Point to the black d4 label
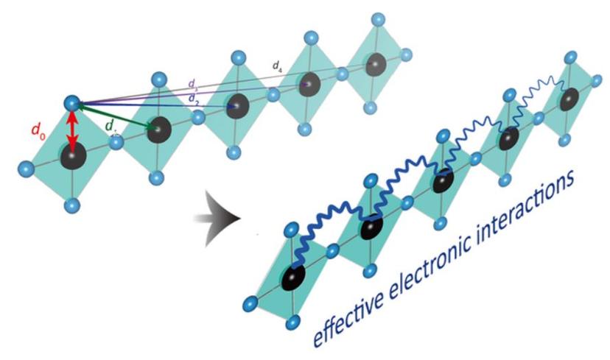[276, 66]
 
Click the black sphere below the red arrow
[74, 158]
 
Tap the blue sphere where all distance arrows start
[71, 102]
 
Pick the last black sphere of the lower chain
[569, 98]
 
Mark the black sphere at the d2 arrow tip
[238, 105]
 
